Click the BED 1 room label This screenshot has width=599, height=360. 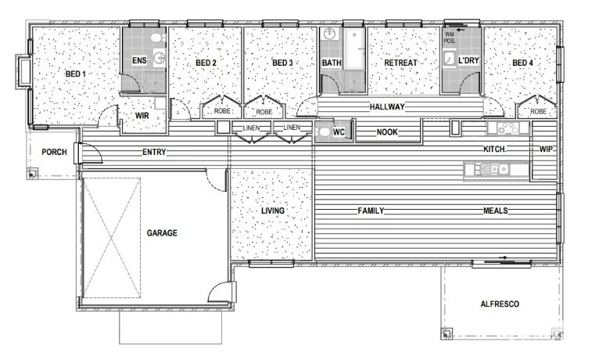pyautogui.click(x=75, y=74)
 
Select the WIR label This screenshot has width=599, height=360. pyautogui.click(x=142, y=116)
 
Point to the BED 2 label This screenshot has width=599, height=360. pyautogui.click(x=206, y=63)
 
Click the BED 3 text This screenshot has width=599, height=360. pyautogui.click(x=282, y=63)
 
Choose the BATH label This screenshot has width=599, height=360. pyautogui.click(x=332, y=63)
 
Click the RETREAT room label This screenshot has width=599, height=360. pyautogui.click(x=400, y=63)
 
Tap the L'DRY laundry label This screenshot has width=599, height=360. pyautogui.click(x=468, y=61)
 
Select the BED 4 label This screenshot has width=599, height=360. pyautogui.click(x=522, y=63)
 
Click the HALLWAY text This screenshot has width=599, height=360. pyautogui.click(x=386, y=105)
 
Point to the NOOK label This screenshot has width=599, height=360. pyautogui.click(x=387, y=132)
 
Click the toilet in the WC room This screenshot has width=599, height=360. pyautogui.click(x=324, y=132)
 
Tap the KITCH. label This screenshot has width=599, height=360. pyautogui.click(x=495, y=149)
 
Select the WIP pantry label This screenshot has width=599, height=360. pyautogui.click(x=545, y=149)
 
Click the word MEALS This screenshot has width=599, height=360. pyautogui.click(x=496, y=211)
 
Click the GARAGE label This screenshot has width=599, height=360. pyautogui.click(x=162, y=233)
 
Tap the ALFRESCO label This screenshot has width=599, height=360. pyautogui.click(x=500, y=304)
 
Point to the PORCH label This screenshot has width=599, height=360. pyautogui.click(x=53, y=152)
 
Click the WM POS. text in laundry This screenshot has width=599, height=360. pyautogui.click(x=450, y=37)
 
